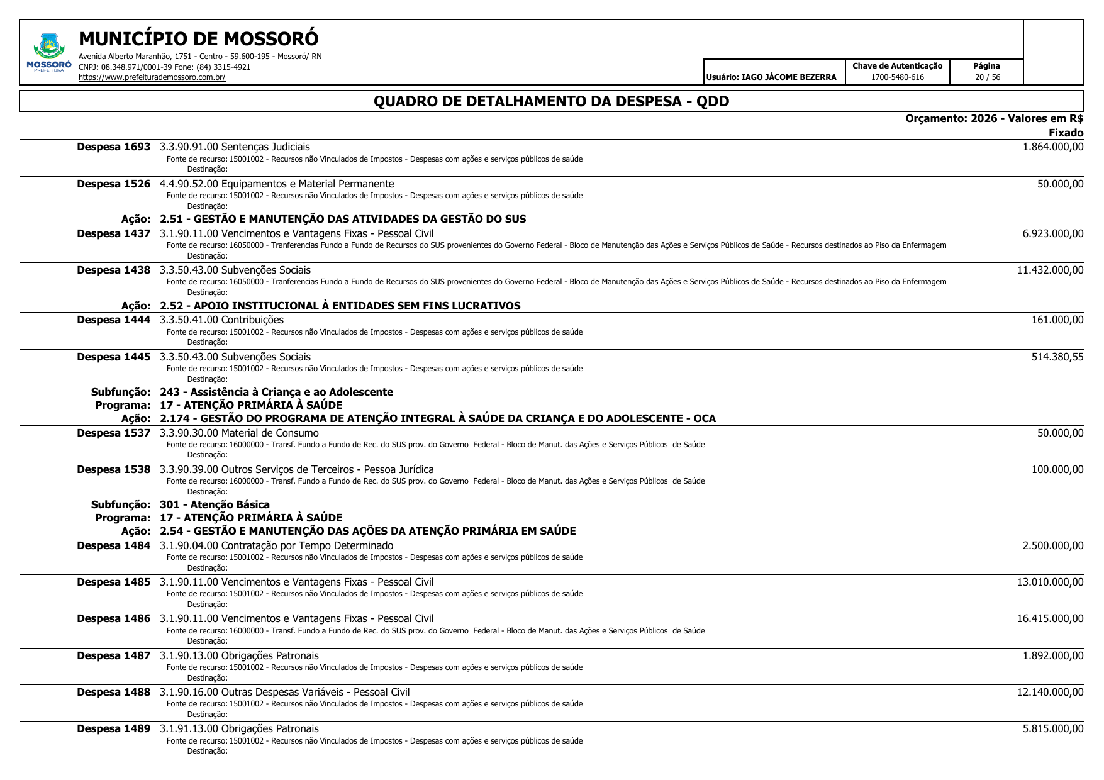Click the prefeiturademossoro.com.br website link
coord(152,77)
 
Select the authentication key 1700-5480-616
coord(897,77)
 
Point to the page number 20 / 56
coord(986,77)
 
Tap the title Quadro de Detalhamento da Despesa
coord(551,101)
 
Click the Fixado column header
coord(1066,133)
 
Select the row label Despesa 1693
coord(114,147)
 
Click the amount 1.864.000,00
coord(1053,147)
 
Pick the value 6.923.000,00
coord(1053,234)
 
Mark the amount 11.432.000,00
coord(1050,270)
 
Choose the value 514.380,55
coord(1057,357)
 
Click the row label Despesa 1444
coord(114,320)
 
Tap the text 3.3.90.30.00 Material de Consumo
coord(239,433)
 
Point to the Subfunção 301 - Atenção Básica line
coord(215,504)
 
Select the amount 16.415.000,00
coord(1050,619)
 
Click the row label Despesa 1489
coord(114,729)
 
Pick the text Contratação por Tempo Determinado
coord(307,546)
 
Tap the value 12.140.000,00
coord(1050,693)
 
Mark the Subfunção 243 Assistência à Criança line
coord(276,393)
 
